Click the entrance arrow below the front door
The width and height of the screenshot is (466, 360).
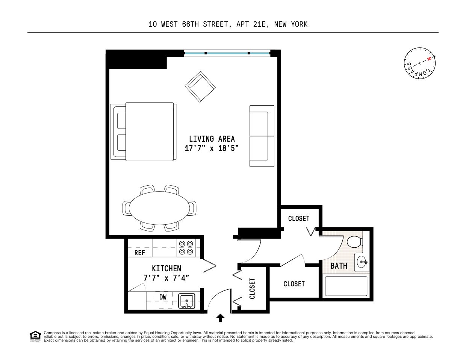coord(221,318)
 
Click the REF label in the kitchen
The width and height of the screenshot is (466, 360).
coord(139,253)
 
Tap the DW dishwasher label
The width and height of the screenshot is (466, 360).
coord(163,297)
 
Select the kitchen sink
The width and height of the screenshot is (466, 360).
coord(186,301)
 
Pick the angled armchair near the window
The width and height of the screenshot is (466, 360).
coord(200,86)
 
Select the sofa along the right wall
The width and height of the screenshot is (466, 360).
coord(262,136)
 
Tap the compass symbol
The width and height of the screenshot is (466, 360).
coord(420,63)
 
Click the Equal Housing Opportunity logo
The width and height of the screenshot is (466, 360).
coord(35,336)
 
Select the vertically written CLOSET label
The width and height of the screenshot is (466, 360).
coord(252,288)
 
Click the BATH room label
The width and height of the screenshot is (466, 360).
coord(339,266)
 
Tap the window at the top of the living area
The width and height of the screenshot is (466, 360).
coord(227,54)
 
